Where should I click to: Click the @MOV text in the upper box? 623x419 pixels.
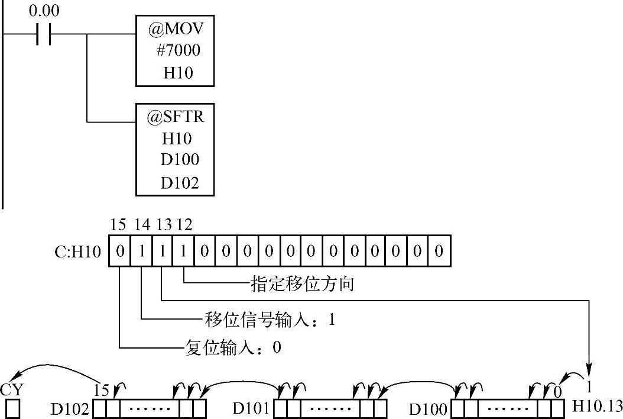pos(176,28)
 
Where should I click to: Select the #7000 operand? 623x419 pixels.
pos(178,50)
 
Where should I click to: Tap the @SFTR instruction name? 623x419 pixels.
pos(176,117)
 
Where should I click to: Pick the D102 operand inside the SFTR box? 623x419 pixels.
pos(179,182)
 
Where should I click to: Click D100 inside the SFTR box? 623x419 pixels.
pos(179,160)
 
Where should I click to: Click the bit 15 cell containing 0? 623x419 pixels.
pos(119,251)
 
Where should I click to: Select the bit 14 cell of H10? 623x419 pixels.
pos(141,251)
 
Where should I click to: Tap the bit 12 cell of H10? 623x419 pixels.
pos(184,251)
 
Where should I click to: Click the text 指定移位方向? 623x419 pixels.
pos(303,284)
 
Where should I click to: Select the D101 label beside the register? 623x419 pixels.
pos(252,408)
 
